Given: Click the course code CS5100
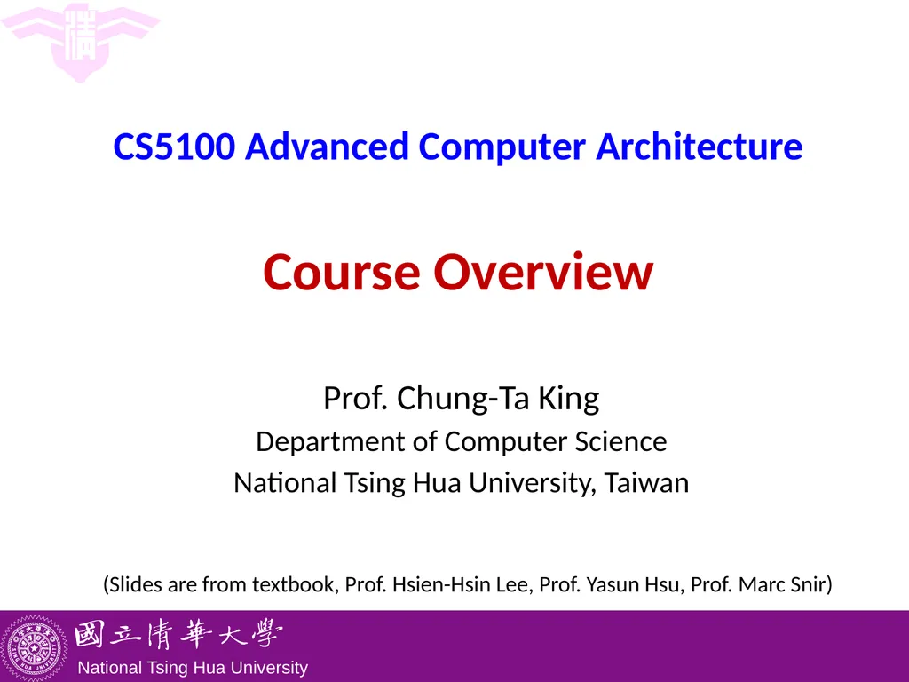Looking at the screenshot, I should [x=175, y=147].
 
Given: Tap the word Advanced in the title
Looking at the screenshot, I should [x=327, y=147].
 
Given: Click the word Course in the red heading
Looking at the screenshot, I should [x=341, y=273].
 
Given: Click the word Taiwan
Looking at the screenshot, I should [x=647, y=483].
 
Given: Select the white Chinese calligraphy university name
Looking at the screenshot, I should [x=178, y=636].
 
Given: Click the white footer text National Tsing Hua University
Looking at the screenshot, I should [x=193, y=668].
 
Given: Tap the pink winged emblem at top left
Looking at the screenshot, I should [x=81, y=41].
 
